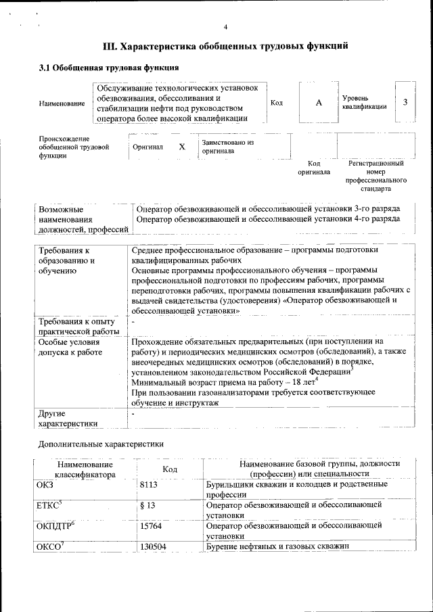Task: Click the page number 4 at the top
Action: point(225,26)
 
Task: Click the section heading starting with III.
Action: point(225,47)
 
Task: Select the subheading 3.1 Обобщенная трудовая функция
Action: point(109,68)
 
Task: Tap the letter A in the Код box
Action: point(319,102)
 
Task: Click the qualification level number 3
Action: point(405,102)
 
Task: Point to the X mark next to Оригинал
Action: point(181,147)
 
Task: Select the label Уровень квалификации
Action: point(365,102)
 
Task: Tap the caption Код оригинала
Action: point(314,168)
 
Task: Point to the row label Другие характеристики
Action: point(68,418)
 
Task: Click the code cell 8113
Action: point(149,485)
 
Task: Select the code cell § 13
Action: point(147,505)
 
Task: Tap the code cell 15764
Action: point(151,525)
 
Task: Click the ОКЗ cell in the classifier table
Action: point(44,485)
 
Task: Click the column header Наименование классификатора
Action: point(85,469)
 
